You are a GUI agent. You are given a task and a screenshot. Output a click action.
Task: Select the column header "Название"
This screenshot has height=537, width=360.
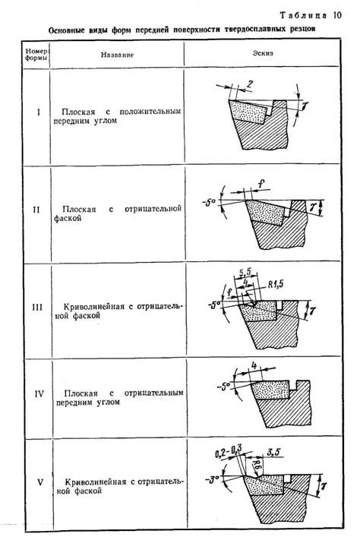tap(116, 56)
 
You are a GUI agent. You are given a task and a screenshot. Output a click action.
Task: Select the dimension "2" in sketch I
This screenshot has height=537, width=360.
tap(248, 82)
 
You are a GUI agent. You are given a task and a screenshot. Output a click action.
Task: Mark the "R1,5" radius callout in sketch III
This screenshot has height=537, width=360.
tap(276, 287)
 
